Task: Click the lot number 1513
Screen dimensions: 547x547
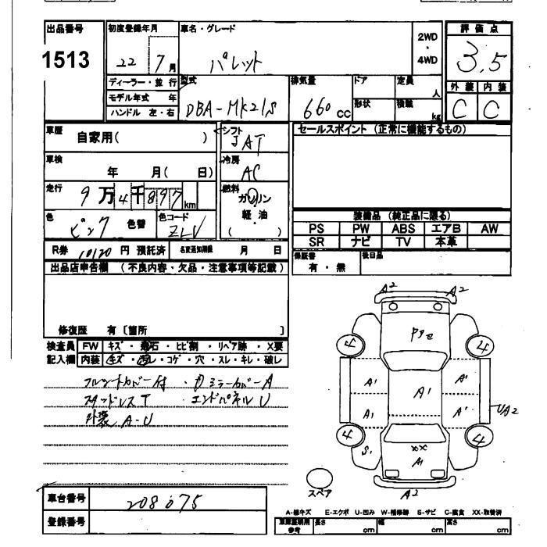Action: click(x=69, y=59)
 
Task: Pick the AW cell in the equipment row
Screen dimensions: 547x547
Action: click(x=488, y=228)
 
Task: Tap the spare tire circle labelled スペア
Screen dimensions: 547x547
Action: click(x=318, y=479)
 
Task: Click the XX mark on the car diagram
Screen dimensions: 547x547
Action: click(x=419, y=448)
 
